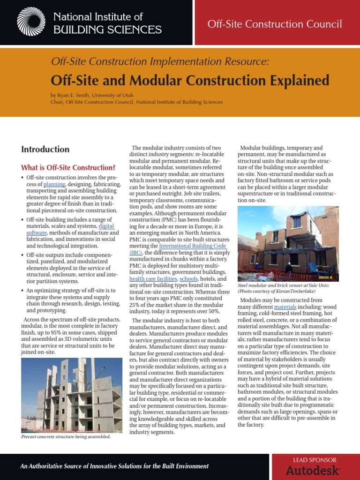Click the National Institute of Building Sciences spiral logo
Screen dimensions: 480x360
pyautogui.click(x=31, y=22)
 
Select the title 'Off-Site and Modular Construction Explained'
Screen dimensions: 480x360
pyautogui.click(x=190, y=81)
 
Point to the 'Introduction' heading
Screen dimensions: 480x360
pyautogui.click(x=45, y=150)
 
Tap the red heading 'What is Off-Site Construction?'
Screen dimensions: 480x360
pyautogui.click(x=68, y=167)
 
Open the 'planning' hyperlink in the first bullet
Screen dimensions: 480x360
pyautogui.click(x=54, y=184)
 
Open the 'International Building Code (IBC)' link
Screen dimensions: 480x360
pyautogui.click(x=192, y=246)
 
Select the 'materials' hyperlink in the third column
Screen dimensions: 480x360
pyautogui.click(x=291, y=307)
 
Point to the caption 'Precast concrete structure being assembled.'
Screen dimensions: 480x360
pyautogui.click(x=66, y=436)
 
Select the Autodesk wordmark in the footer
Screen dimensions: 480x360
pyautogui.click(x=313, y=470)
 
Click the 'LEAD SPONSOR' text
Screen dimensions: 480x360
pyautogui.click(x=315, y=460)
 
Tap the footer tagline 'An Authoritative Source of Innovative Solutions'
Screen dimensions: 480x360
pyautogui.click(x=114, y=466)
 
